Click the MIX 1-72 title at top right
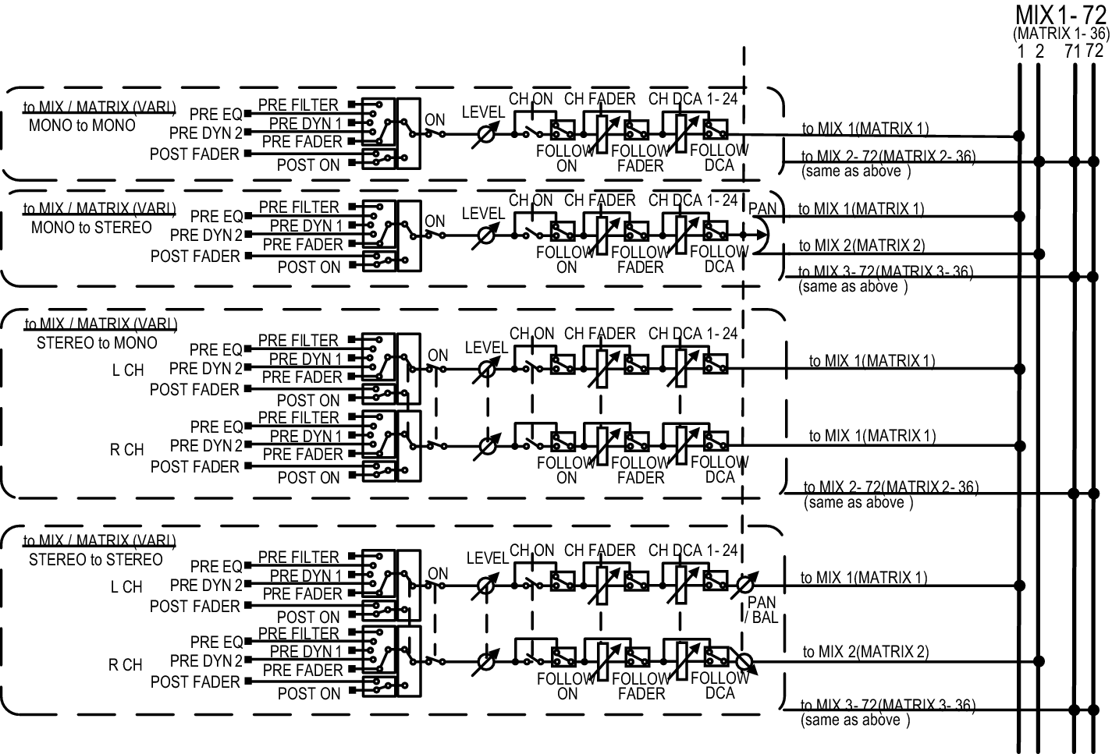1061,15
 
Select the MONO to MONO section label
82,125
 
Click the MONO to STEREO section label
91,228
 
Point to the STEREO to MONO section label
97,343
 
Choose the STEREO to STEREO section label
96,560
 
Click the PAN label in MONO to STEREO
762,209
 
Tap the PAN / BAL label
761,611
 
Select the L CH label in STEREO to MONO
128,370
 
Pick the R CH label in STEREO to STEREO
126,665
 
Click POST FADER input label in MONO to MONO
194,154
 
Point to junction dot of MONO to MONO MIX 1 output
1019,136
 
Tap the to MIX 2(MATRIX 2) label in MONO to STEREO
862,246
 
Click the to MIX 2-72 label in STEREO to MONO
890,488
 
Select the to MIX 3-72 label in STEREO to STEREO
887,706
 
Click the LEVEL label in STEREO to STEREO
487,558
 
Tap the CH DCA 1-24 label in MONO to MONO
693,99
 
